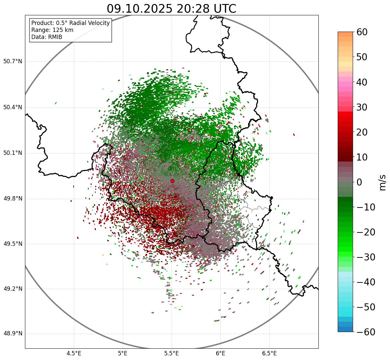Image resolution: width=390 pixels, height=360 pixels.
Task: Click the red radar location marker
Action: (x=172, y=181)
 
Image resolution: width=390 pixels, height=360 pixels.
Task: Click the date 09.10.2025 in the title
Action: (x=140, y=9)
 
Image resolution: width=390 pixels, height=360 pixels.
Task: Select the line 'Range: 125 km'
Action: (x=52, y=30)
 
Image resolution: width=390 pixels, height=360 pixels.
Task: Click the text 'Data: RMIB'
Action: (x=47, y=37)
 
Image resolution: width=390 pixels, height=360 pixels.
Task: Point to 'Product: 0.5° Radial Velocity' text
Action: (x=70, y=23)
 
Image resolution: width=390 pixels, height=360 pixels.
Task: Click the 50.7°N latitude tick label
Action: (x=13, y=62)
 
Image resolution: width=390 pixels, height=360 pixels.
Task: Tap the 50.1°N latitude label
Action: (x=13, y=153)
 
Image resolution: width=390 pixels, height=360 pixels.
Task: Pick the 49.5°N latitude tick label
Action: (x=13, y=244)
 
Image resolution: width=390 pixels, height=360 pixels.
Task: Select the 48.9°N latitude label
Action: (x=13, y=334)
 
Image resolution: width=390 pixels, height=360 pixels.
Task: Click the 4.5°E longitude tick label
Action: (x=74, y=353)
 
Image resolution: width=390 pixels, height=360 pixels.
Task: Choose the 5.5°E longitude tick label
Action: (x=172, y=353)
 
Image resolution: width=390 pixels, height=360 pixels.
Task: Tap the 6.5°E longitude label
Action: (x=269, y=353)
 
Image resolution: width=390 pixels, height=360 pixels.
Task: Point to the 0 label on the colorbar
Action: (x=359, y=182)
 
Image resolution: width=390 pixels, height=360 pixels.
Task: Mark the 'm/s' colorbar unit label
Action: (x=382, y=182)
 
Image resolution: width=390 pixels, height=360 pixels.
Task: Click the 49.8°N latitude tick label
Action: (x=13, y=199)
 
